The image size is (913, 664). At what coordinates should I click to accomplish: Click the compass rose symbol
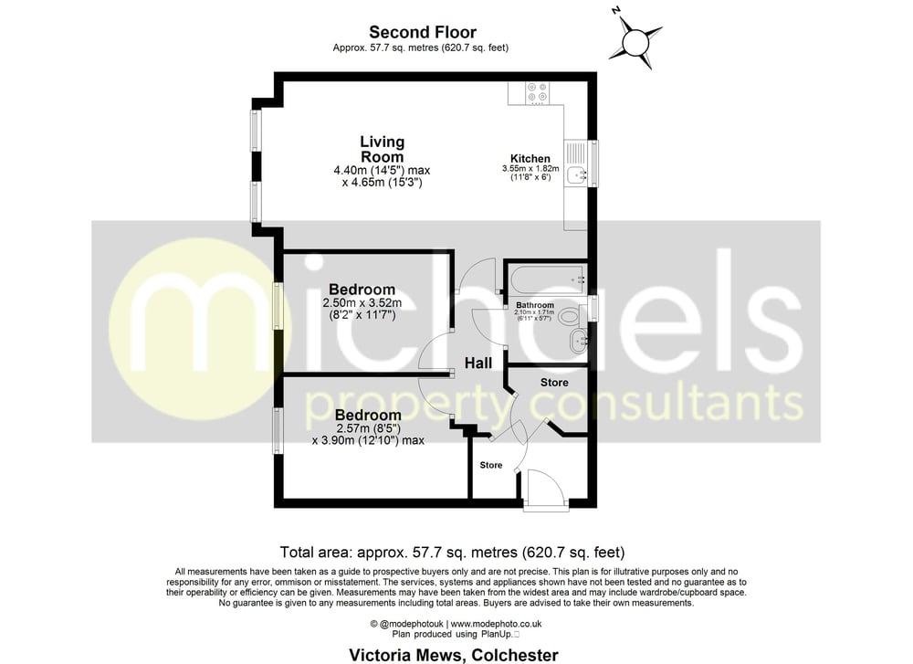pyautogui.click(x=635, y=43)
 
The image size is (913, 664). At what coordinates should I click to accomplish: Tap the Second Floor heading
pyautogui.click(x=422, y=32)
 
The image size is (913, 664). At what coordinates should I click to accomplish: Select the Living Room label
pyautogui.click(x=382, y=149)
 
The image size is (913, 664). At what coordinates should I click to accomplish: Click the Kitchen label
pyautogui.click(x=530, y=158)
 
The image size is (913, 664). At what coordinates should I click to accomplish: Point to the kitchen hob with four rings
pyautogui.click(x=537, y=92)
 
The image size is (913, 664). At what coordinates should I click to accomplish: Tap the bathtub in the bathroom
pyautogui.click(x=547, y=279)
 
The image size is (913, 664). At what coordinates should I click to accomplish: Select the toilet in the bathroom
pyautogui.click(x=572, y=317)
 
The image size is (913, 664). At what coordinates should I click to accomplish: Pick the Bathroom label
pyautogui.click(x=534, y=305)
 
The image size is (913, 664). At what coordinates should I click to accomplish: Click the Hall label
pyautogui.click(x=478, y=364)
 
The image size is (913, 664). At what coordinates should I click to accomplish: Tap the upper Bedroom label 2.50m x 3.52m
pyautogui.click(x=362, y=290)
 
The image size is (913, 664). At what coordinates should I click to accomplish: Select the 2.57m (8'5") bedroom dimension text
pyautogui.click(x=368, y=428)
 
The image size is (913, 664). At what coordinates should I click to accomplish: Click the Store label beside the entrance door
pyautogui.click(x=491, y=465)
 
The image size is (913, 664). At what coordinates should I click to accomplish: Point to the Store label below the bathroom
pyautogui.click(x=554, y=383)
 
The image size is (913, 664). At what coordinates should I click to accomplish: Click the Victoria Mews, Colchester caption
pyautogui.click(x=454, y=655)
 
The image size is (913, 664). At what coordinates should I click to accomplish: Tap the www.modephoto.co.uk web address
pyautogui.click(x=496, y=624)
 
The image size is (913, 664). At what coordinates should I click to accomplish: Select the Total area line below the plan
pyautogui.click(x=453, y=552)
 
